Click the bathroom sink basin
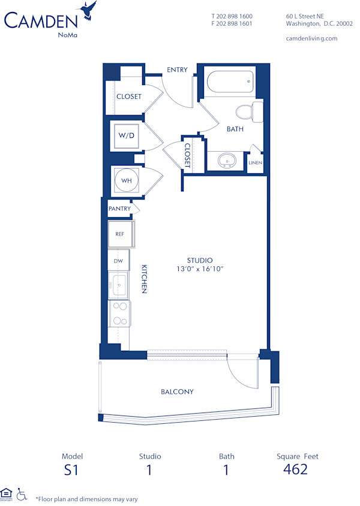click(227, 161)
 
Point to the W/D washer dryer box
click(127, 136)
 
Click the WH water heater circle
click(127, 180)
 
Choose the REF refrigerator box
click(120, 234)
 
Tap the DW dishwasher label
click(119, 261)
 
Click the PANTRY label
click(119, 209)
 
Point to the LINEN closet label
click(255, 162)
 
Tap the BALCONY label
click(177, 391)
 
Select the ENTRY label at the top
click(177, 70)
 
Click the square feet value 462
click(295, 469)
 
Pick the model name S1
click(71, 469)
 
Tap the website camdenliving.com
click(312, 38)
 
